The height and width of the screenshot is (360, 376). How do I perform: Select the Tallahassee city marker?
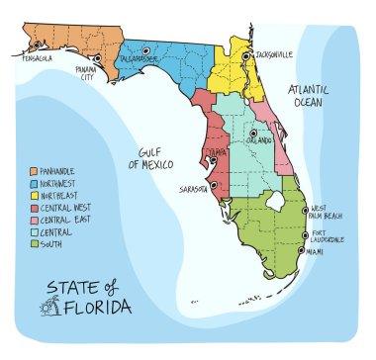coord(145,49)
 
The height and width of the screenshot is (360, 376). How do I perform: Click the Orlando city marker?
coord(253,133)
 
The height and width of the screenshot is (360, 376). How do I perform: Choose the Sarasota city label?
coord(196,187)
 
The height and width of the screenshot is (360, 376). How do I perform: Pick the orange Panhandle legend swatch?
coord(34,171)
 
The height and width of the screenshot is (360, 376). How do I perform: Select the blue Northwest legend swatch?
coord(34,183)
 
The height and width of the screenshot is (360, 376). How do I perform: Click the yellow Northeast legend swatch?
coord(34,195)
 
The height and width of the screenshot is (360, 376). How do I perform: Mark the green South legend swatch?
coord(34,242)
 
